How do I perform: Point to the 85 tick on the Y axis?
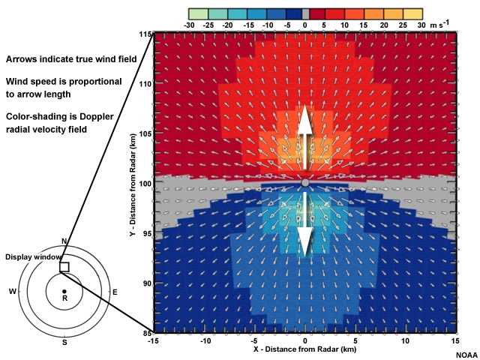tap(145, 333)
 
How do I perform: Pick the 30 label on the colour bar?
tap(421, 25)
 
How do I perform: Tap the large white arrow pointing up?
tap(304, 133)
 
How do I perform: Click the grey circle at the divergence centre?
tap(304, 183)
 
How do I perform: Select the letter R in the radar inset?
tap(64, 298)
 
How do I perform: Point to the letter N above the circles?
tap(64, 241)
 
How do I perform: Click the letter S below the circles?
tap(64, 343)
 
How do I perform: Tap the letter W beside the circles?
tap(12, 291)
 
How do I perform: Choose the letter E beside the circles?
tap(115, 291)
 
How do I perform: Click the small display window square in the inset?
tap(64, 267)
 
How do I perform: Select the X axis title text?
tap(304, 350)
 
